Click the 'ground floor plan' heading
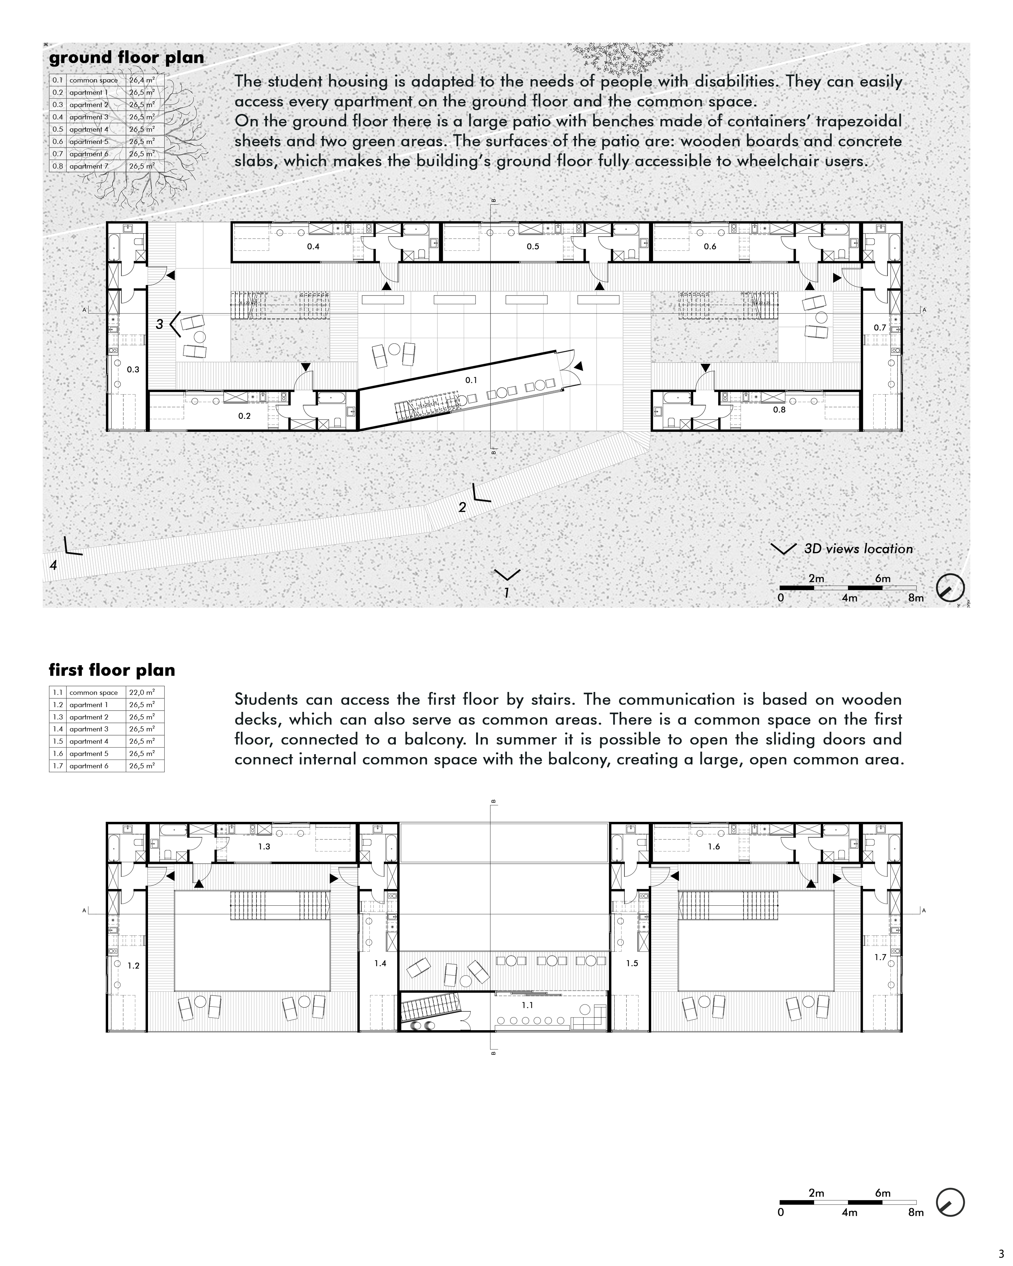(126, 58)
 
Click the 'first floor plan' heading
(111, 670)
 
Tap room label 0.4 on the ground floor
(313, 247)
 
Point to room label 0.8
(779, 410)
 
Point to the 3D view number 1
(506, 593)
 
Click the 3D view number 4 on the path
(54, 565)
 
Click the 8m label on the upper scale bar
(916, 598)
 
